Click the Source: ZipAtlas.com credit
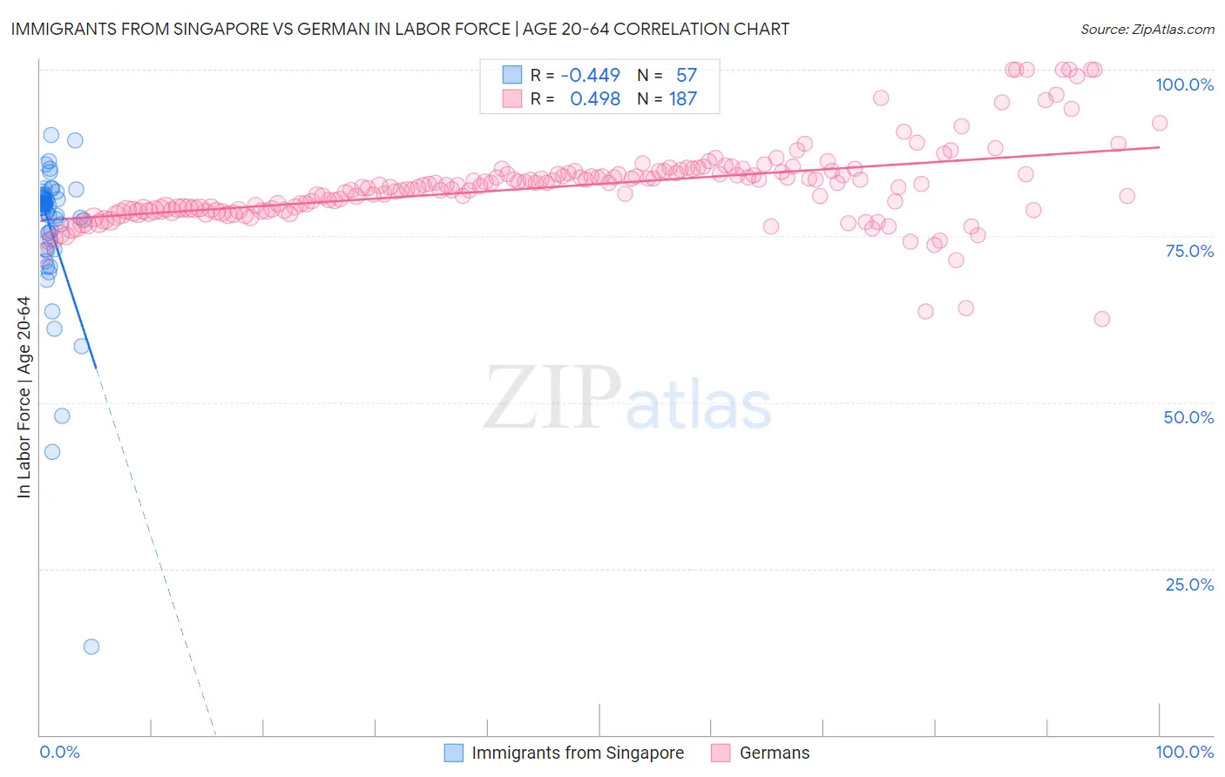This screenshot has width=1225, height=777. tap(1147, 29)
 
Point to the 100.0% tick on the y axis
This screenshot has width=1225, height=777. tap(1184, 84)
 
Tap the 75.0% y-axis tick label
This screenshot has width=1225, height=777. tap(1189, 251)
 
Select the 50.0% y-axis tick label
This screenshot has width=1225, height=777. tap(1188, 417)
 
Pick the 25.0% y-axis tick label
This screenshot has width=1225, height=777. tap(1189, 584)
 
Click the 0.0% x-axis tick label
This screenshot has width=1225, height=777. tap(59, 752)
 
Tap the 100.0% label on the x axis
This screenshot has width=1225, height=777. tap(1184, 752)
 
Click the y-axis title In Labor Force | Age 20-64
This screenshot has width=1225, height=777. tap(24, 397)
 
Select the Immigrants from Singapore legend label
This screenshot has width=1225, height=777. tap(578, 753)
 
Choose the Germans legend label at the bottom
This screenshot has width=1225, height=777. tap(775, 753)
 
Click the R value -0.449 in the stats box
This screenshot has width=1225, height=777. tap(590, 76)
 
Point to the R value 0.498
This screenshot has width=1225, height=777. tap(594, 99)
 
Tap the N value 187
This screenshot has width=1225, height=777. tap(683, 99)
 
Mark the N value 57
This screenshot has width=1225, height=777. tap(687, 76)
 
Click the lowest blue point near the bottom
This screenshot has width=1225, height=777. tap(91, 646)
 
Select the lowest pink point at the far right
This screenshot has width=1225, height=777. tap(1102, 319)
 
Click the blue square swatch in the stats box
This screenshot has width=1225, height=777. tap(511, 75)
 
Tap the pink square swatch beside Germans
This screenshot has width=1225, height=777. tap(721, 753)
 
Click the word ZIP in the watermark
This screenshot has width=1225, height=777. tap(552, 398)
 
